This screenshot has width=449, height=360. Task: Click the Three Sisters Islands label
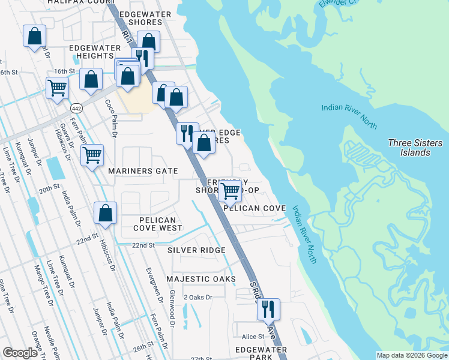pyautogui.click(x=415, y=148)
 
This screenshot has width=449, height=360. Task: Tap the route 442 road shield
pyautogui.click(x=76, y=108)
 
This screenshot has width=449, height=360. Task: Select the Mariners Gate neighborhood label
pyautogui.click(x=143, y=171)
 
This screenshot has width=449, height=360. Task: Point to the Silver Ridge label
pyautogui.click(x=196, y=250)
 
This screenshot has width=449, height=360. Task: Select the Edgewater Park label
pyautogui.click(x=261, y=353)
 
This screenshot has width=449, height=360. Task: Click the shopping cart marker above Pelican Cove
pyautogui.click(x=231, y=191)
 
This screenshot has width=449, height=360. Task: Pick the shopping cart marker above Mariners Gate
pyautogui.click(x=92, y=155)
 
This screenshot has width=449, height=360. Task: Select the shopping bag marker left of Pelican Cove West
pyautogui.click(x=105, y=213)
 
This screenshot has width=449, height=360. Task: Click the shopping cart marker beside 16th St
pyautogui.click(x=57, y=88)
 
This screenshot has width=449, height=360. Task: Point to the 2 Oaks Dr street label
pyautogui.click(x=197, y=297)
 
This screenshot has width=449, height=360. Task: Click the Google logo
pyautogui.click(x=20, y=353)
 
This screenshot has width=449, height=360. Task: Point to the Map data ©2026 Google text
pyautogui.click(x=412, y=355)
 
